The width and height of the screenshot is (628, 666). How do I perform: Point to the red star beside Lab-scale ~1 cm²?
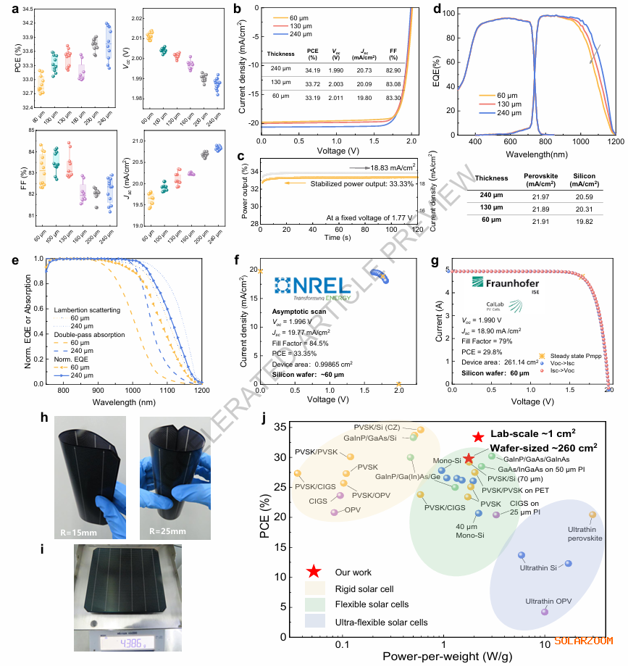pyautogui.click(x=478, y=437)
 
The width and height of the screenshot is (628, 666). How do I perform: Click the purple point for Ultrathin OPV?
pyautogui.click(x=545, y=612)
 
